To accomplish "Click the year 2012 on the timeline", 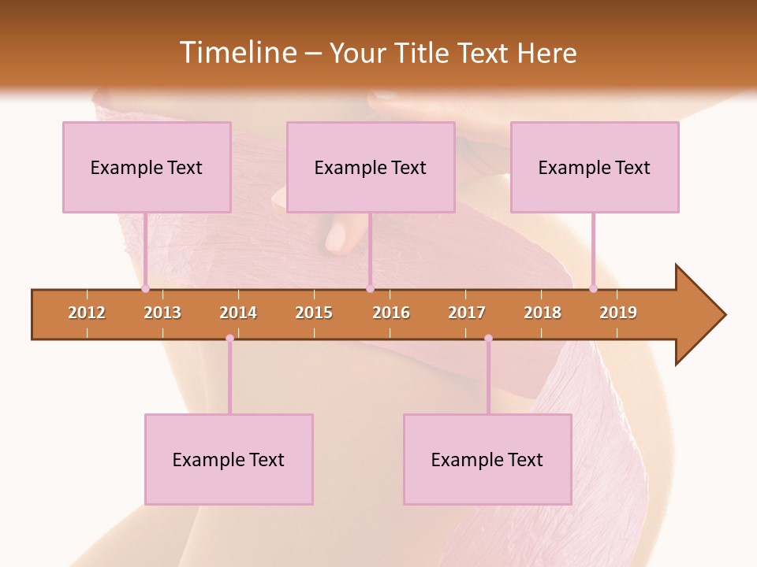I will coord(87,313).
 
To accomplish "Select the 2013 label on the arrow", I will coord(162,313).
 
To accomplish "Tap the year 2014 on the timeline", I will coord(238,313).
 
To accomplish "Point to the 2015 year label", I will coord(314,313).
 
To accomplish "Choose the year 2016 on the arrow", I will coord(391,313).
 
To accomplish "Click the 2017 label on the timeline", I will coord(467,313).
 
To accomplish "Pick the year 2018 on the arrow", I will coord(543,313).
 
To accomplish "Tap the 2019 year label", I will coord(618,313).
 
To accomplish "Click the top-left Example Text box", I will coord(147,167).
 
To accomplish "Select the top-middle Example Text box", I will coord(371,167).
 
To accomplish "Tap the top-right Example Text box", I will coord(595,167).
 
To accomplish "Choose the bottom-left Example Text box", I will coord(229,459).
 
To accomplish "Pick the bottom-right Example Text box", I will coord(487,459).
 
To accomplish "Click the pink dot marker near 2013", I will coord(145,289).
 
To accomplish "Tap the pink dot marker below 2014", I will coord(229,338).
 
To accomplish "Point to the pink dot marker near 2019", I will coord(593,289).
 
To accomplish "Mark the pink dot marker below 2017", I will coord(488,338).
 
